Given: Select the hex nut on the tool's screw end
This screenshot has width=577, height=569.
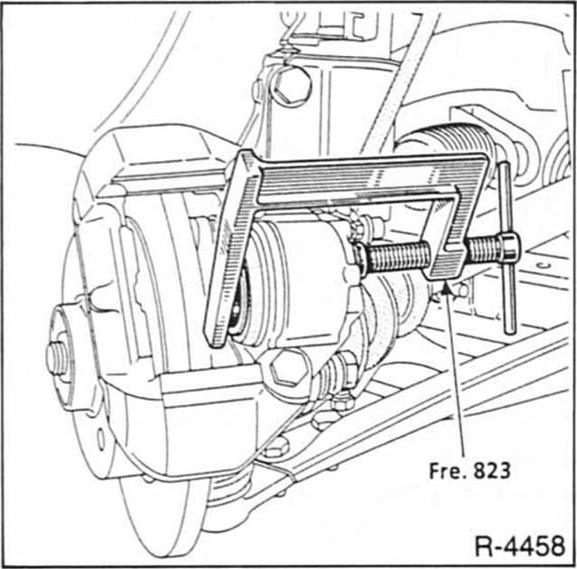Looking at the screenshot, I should click(506, 246).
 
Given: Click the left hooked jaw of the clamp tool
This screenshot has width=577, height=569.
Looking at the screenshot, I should click(225, 262).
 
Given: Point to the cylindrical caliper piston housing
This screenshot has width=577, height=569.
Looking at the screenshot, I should click(289, 280).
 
